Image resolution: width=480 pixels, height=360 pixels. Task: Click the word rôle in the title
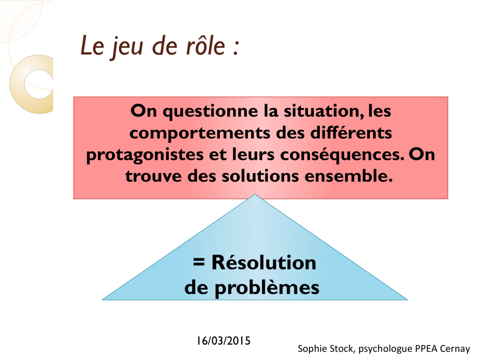point(206,46)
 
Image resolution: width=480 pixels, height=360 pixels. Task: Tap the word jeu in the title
point(127,47)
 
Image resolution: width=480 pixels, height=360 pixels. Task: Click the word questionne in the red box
point(210,111)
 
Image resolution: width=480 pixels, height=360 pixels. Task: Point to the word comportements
point(200,133)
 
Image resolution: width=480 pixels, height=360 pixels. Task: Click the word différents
point(351,132)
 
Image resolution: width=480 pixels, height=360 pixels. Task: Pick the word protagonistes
point(145,155)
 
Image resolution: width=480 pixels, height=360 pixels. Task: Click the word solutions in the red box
point(260,176)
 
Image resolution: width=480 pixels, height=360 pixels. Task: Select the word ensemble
point(349,176)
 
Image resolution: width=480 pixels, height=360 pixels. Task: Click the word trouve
point(153,177)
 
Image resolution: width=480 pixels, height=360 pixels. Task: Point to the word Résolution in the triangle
point(264,262)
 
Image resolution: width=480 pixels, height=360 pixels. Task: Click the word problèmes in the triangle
point(267,288)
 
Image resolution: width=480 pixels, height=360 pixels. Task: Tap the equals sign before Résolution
point(199,262)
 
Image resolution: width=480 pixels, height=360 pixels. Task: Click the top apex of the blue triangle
point(255,194)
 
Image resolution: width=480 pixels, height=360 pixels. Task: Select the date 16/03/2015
point(224,340)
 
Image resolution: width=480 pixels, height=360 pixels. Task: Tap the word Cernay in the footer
point(455,349)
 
